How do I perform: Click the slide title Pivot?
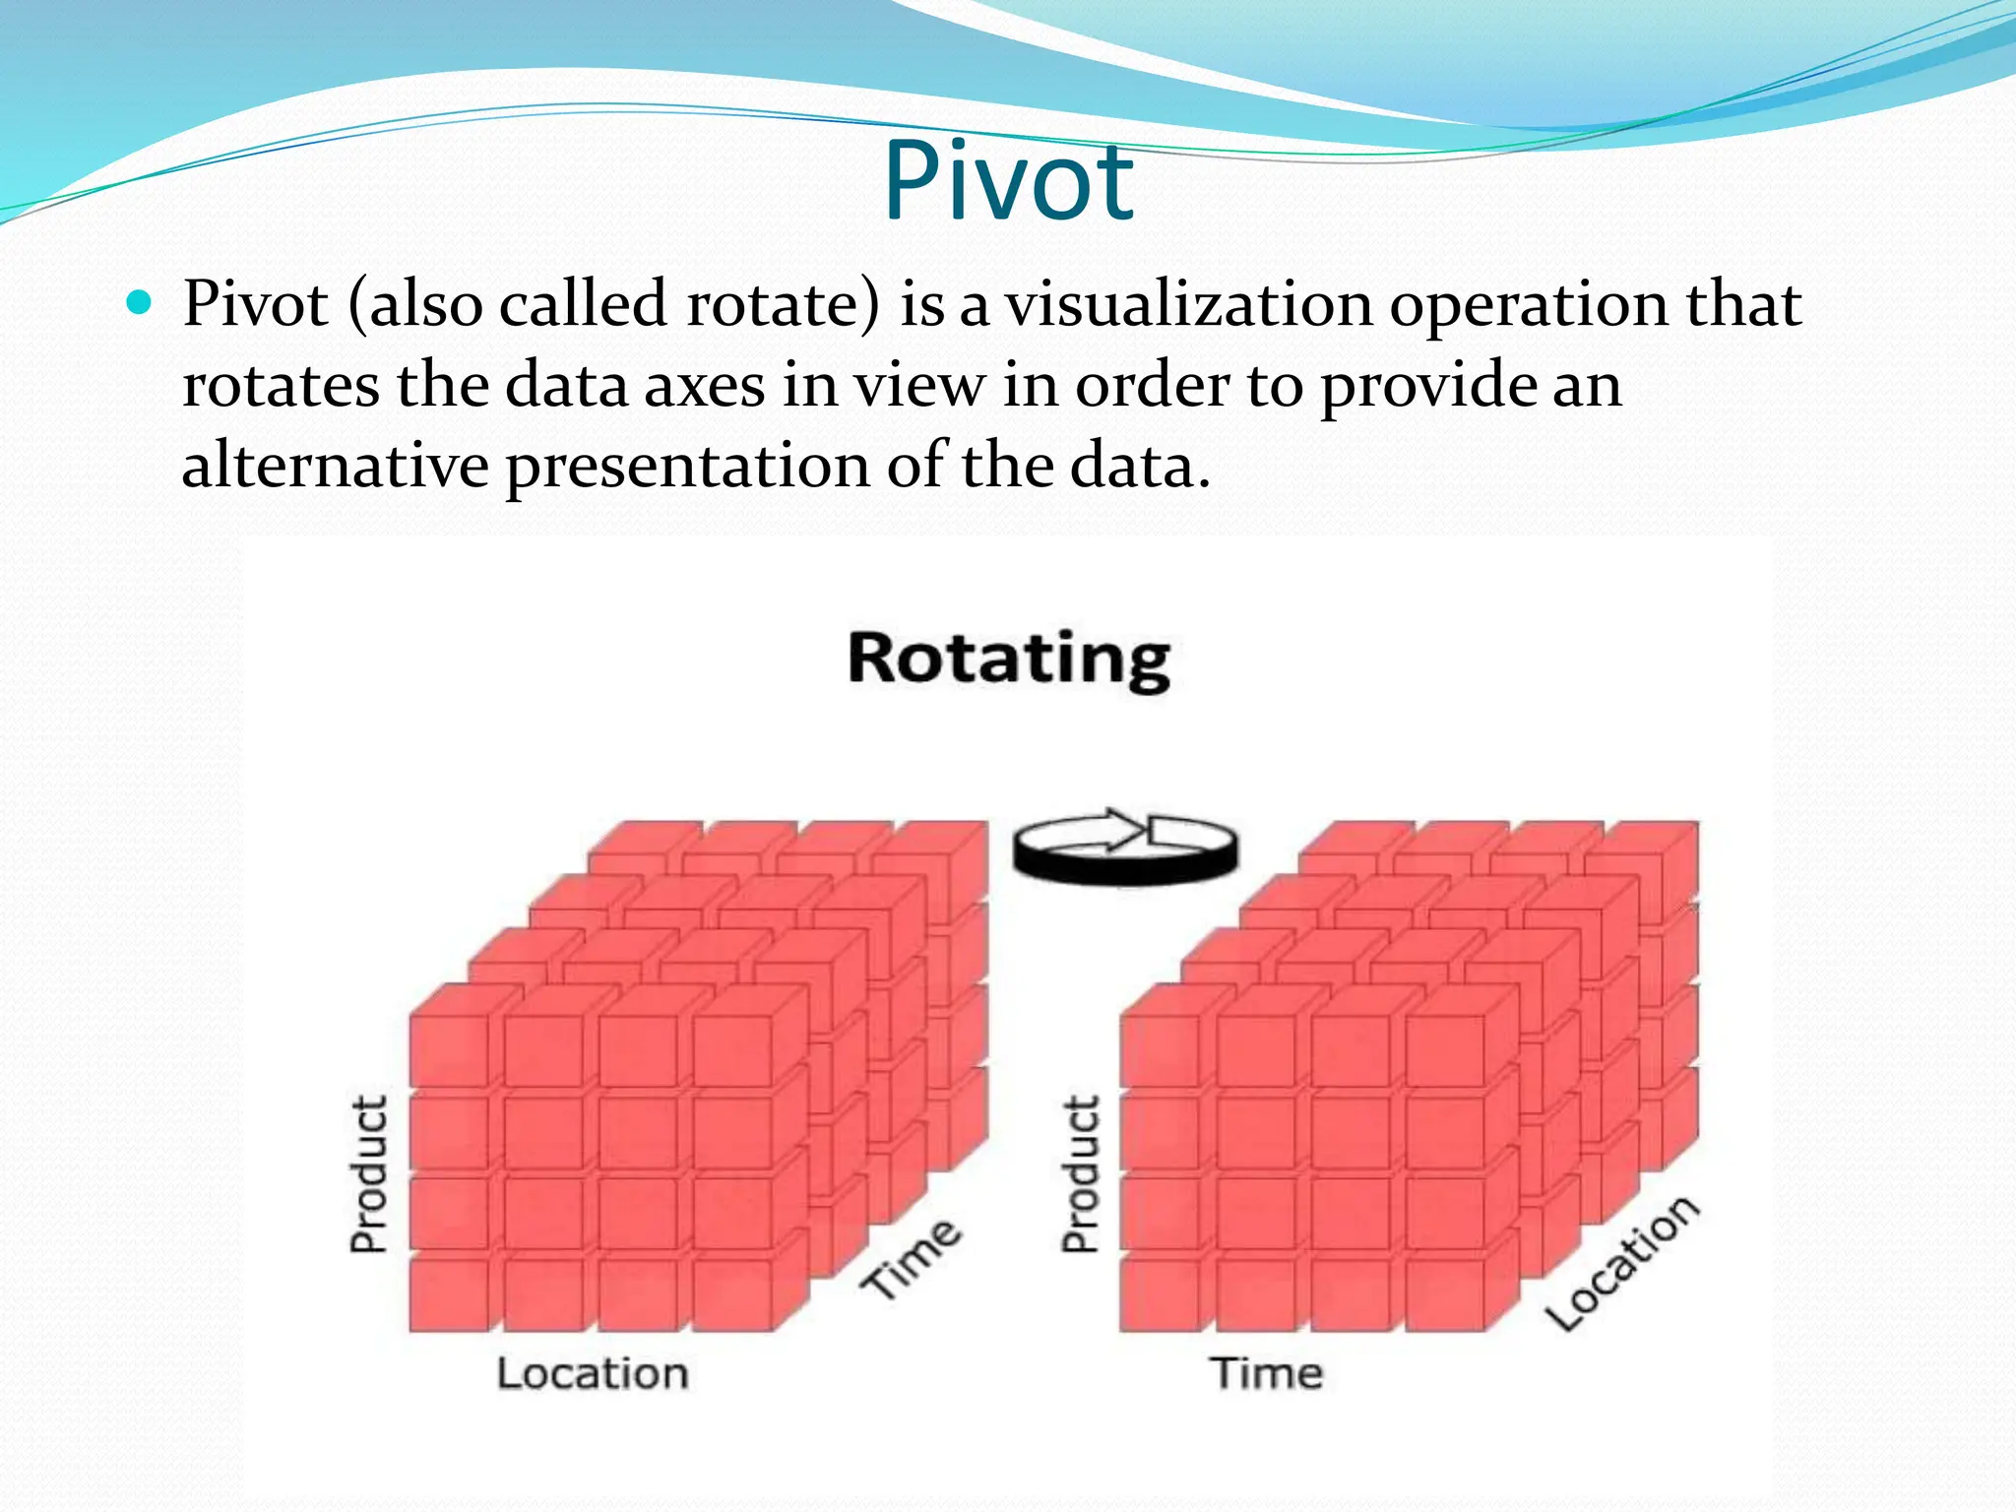pos(1008,182)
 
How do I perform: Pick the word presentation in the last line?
pos(687,467)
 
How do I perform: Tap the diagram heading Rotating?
pos(1009,659)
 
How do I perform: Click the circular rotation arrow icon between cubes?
pos(1124,849)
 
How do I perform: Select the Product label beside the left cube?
pos(369,1173)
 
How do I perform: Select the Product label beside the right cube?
pos(1080,1173)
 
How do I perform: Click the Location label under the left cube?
pos(592,1373)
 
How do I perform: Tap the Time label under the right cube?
pos(1267,1373)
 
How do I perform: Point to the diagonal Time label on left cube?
pos(912,1259)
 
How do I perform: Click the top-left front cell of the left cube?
pos(450,1051)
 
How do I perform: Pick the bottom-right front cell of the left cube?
pos(731,1295)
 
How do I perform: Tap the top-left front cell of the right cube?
pos(1161,1051)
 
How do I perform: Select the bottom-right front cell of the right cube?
pos(1443,1295)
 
